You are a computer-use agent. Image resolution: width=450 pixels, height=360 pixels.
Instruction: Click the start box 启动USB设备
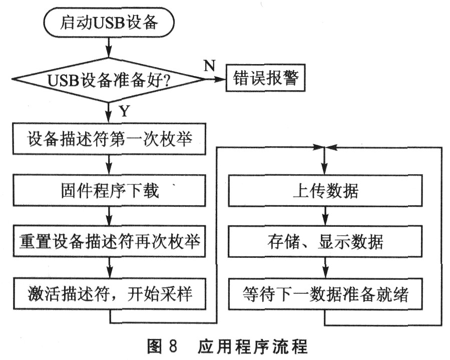[109, 23]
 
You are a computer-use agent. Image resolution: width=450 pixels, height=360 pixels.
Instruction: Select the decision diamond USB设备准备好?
[109, 80]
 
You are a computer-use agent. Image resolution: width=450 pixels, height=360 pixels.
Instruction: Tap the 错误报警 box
[265, 78]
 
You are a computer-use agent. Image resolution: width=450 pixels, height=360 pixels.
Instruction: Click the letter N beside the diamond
[210, 66]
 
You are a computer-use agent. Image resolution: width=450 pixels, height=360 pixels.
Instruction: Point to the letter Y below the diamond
[124, 111]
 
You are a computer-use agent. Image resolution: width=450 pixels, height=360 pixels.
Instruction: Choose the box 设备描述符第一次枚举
[109, 139]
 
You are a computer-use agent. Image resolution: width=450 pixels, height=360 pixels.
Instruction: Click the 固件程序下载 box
[109, 191]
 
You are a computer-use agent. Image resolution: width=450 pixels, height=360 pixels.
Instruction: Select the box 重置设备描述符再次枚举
[109, 241]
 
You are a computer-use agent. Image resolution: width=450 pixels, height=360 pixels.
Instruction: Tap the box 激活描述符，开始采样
[109, 294]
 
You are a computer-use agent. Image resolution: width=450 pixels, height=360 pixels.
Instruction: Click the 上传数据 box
[325, 191]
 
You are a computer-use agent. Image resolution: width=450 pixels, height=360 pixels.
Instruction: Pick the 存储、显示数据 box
[325, 241]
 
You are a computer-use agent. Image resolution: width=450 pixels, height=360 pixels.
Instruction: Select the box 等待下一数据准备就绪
[325, 294]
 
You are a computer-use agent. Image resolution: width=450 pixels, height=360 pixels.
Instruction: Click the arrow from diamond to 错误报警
[216, 79]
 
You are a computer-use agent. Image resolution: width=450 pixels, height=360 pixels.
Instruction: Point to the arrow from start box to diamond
[109, 48]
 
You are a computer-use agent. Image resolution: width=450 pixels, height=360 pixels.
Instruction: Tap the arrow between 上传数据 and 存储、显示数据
[325, 216]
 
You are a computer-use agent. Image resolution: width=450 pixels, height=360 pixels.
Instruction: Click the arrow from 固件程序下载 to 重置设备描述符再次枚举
[109, 216]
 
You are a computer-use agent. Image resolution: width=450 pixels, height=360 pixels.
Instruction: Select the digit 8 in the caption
[173, 346]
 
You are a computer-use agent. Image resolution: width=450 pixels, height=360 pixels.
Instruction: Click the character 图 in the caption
[155, 346]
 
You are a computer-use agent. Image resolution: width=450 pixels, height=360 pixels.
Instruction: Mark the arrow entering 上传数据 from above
[324, 161]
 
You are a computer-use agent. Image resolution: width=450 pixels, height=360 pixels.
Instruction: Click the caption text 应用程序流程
[253, 346]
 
